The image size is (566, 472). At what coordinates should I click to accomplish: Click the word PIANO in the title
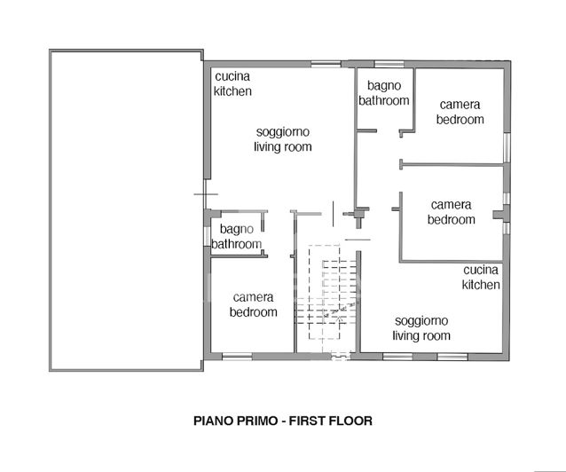point(214,421)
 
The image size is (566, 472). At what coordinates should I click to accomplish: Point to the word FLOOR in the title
point(352,421)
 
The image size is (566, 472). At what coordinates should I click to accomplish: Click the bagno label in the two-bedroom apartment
point(383,86)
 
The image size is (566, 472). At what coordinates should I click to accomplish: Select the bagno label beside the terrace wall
point(236,230)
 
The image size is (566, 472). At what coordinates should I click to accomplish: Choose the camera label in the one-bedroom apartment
point(253,297)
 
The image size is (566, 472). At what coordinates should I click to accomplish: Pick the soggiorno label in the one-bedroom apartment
point(282,132)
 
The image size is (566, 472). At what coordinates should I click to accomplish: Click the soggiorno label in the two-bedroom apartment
point(421,320)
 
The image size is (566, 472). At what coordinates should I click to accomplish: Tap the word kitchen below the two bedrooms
point(481,285)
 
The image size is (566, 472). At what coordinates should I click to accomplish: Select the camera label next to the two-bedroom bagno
point(460,105)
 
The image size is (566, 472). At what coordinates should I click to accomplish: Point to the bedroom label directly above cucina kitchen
point(451,220)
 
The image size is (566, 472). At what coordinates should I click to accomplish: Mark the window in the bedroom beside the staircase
point(237,357)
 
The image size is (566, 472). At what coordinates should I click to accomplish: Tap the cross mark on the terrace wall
point(205,194)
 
